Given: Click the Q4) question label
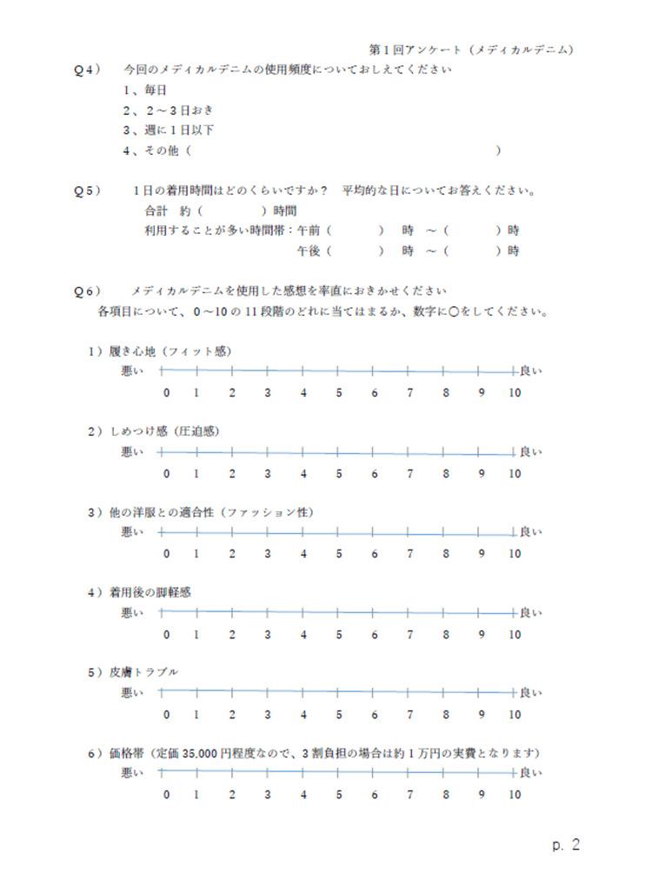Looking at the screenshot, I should point(87,70).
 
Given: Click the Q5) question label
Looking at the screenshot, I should point(87,190).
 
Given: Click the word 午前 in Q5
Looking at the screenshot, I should point(309,230).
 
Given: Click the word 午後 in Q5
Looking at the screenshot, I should point(309,250).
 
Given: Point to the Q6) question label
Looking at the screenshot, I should point(87,290).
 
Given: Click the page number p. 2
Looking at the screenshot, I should point(565,844).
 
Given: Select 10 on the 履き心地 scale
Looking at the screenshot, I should point(515,393).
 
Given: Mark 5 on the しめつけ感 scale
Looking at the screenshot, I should point(339,474).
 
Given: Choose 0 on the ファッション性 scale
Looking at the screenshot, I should point(167,554).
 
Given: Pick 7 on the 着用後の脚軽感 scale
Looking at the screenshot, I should point(410,635).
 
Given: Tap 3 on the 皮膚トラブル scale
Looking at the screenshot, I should point(268,715).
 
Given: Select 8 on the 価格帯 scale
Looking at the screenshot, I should point(446,795).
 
